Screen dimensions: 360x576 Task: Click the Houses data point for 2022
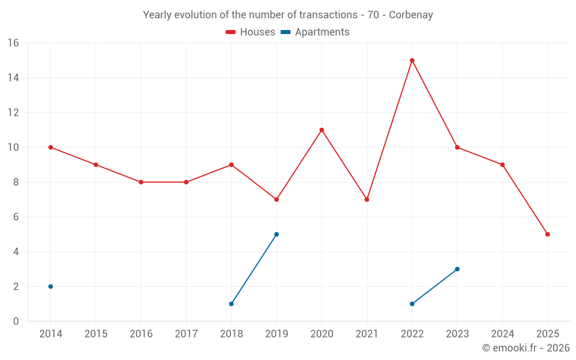pos(412,60)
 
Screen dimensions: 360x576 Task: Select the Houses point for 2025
pos(548,234)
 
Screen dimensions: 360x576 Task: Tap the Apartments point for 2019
pos(276,234)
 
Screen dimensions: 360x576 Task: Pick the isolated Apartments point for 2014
pos(51,286)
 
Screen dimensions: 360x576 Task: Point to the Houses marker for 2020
pos(321,130)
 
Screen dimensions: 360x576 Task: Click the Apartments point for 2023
pos(457,269)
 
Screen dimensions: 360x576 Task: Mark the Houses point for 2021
pos(367,199)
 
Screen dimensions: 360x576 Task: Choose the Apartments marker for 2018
pos(231,304)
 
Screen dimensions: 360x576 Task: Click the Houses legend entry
pos(251,32)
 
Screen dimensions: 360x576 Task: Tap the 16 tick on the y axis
pos(13,43)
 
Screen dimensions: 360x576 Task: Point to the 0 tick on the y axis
pos(16,321)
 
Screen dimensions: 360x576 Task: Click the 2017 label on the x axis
pos(186,334)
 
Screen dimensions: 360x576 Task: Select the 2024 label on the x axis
pos(502,334)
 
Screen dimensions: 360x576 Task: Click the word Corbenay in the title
pos(411,15)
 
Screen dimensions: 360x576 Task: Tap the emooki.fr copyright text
pos(525,348)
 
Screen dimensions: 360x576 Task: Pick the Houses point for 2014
pos(51,147)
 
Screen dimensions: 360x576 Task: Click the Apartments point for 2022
pos(412,304)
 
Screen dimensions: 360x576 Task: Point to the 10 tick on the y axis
pos(13,147)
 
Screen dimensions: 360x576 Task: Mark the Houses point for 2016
pos(141,182)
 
